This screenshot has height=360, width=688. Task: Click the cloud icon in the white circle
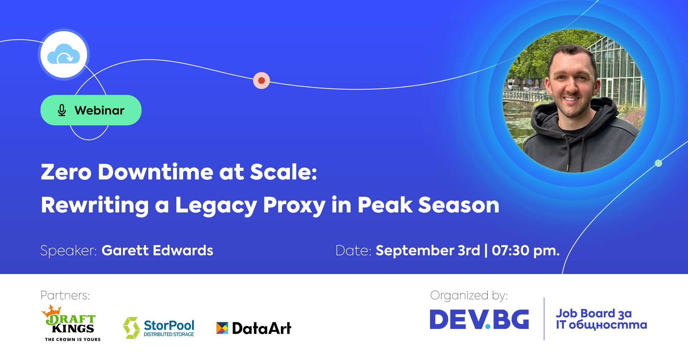(63, 54)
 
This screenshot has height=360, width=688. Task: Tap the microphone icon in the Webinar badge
(62, 110)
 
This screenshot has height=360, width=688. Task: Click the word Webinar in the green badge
(99, 110)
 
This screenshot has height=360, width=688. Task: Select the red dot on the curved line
(262, 80)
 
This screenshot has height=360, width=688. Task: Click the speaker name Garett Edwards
(157, 250)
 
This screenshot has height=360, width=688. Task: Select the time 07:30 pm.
(526, 250)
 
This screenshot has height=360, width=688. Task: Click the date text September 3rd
(428, 250)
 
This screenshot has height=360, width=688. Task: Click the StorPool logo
(159, 328)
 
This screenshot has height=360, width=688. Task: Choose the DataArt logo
(254, 328)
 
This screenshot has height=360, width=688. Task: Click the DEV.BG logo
(479, 319)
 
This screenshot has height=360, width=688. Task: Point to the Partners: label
(65, 295)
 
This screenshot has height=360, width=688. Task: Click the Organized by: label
(469, 296)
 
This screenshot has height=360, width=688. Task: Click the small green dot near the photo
(658, 163)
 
